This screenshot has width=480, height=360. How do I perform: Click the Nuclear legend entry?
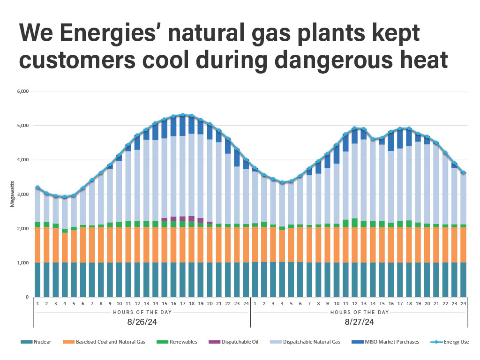pyautogui.click(x=38, y=342)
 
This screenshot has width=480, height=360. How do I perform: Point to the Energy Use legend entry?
pyautogui.click(x=450, y=342)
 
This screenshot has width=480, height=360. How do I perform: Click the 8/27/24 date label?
pyautogui.click(x=359, y=322)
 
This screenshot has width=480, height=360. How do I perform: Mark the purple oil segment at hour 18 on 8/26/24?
pyautogui.click(x=191, y=218)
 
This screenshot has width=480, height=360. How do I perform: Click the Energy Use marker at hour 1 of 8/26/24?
pyautogui.click(x=37, y=187)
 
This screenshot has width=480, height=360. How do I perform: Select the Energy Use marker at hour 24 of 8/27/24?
pyautogui.click(x=463, y=172)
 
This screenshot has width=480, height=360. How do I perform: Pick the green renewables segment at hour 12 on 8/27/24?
pyautogui.click(x=354, y=223)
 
